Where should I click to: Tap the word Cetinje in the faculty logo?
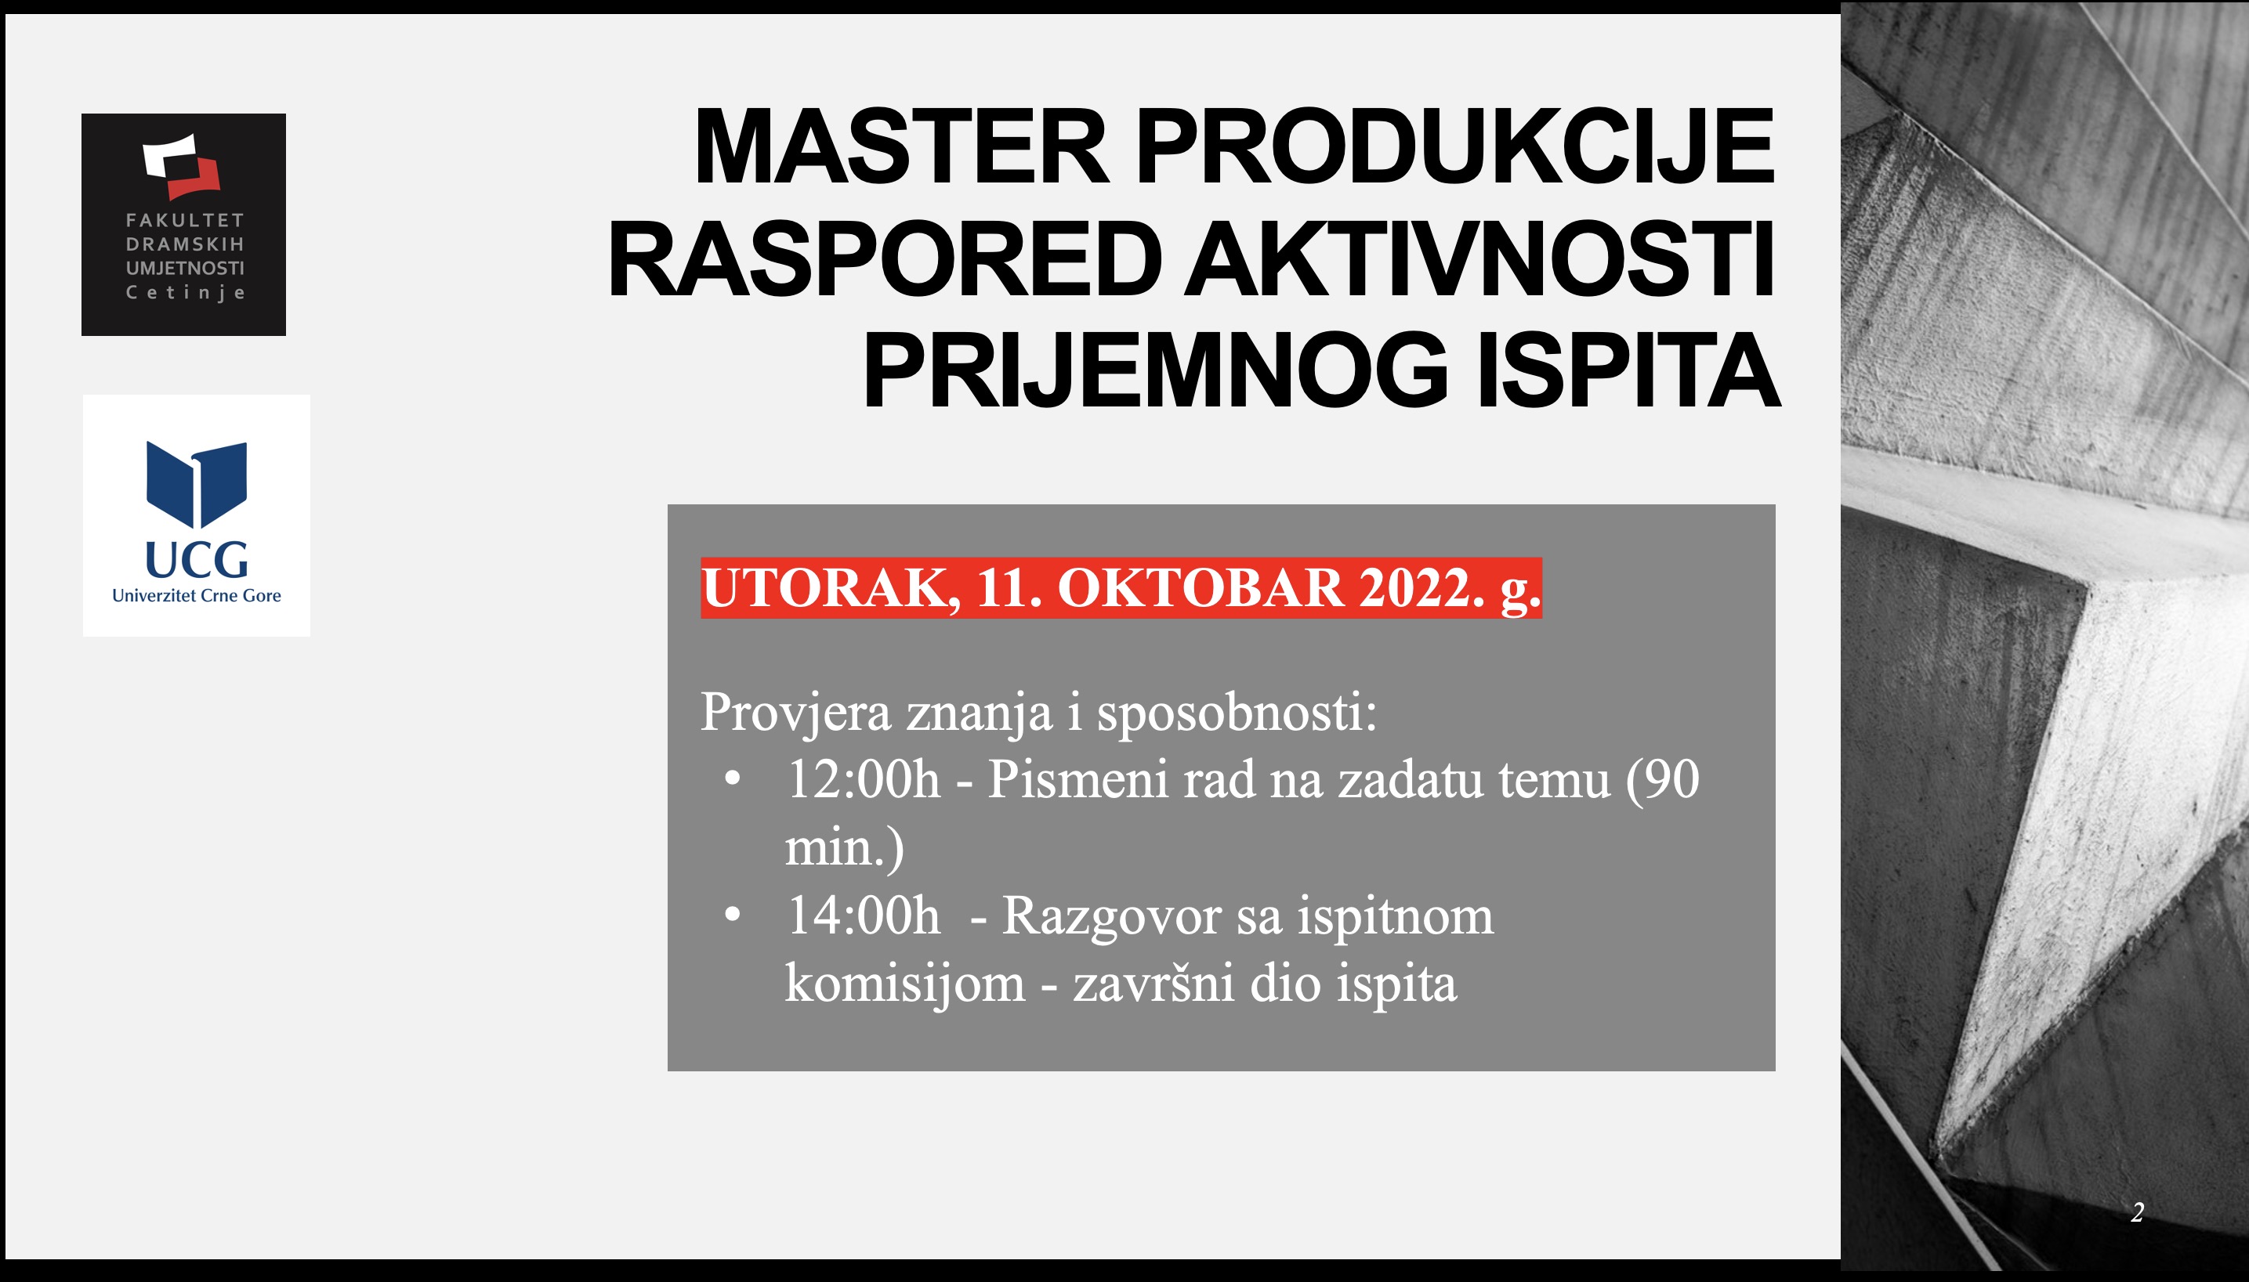(x=185, y=292)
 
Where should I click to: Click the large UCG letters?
(x=197, y=559)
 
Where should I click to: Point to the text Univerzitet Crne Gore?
(x=197, y=596)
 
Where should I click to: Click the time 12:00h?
(x=864, y=779)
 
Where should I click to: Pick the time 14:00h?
(x=864, y=915)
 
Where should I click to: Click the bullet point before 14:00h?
(x=732, y=915)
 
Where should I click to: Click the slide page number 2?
(x=2136, y=1213)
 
